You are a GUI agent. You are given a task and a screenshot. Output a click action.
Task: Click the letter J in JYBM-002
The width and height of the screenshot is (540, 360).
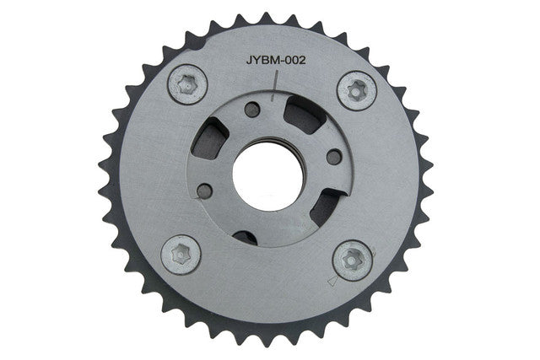pyautogui.click(x=250, y=60)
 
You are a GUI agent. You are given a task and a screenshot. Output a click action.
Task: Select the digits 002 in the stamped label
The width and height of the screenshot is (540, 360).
pyautogui.click(x=294, y=60)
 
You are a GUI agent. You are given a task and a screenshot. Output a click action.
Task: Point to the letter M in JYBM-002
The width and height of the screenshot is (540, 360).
pyautogui.click(x=273, y=60)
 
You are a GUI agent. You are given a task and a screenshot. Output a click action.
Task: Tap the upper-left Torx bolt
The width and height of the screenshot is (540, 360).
pyautogui.click(x=187, y=84)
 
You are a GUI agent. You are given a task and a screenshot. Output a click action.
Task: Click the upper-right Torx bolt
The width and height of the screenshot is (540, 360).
pyautogui.click(x=357, y=90)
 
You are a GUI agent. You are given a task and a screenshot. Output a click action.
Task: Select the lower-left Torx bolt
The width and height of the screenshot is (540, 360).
pyautogui.click(x=181, y=255)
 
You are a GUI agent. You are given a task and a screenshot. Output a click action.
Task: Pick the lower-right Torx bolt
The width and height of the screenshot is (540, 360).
pyautogui.click(x=353, y=260)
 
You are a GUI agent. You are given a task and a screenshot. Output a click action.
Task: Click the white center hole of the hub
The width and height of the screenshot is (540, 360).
pyautogui.click(x=268, y=176)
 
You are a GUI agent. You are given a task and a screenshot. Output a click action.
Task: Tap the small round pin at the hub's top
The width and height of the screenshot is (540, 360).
pyautogui.click(x=252, y=110)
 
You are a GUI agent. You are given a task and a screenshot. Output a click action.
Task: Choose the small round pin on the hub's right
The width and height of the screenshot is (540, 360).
pyautogui.click(x=334, y=157)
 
